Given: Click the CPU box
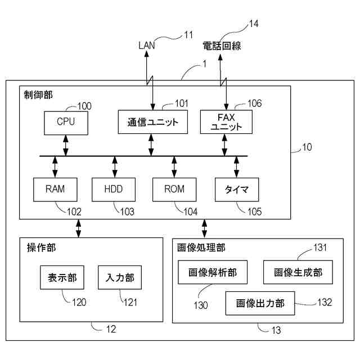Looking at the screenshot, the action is [66, 123].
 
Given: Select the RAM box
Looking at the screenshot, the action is [55, 190].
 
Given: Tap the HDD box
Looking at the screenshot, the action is [114, 190].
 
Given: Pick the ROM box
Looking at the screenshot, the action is [174, 190].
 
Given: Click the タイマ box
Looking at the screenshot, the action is [237, 190].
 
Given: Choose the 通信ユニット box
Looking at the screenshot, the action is [152, 122].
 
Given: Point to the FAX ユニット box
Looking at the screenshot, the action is [226, 122].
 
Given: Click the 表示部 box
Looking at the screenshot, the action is [62, 277].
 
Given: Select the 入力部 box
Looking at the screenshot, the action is [120, 277].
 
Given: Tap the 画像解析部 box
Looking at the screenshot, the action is [213, 272].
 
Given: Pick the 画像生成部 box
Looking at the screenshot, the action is [298, 272].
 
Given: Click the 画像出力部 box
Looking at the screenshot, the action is [260, 303].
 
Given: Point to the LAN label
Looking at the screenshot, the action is [147, 45].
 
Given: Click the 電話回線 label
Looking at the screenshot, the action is [222, 46].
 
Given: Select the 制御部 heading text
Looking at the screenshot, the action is [38, 95].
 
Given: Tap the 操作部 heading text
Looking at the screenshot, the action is [41, 247].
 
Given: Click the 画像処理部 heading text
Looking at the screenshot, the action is [201, 247].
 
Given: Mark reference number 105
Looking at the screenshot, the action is [255, 211].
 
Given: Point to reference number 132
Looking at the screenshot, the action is [325, 302].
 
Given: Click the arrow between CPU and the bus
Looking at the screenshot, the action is [66, 145].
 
